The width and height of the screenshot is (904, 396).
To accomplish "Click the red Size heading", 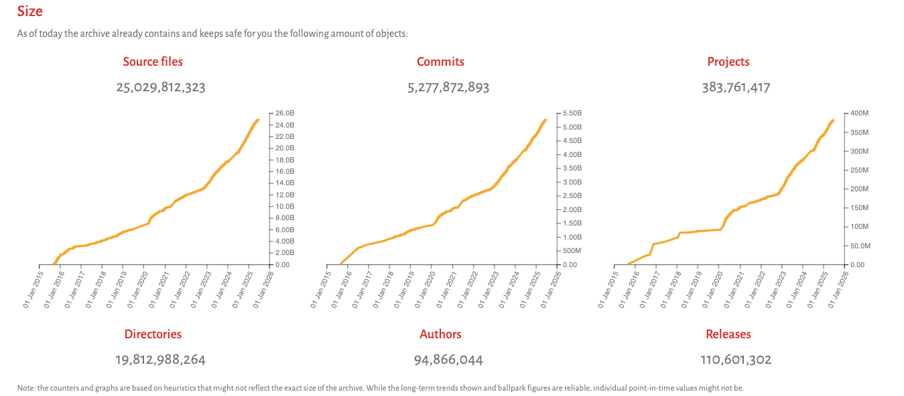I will tap(30, 11).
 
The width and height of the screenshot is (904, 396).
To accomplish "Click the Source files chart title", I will tap(153, 62).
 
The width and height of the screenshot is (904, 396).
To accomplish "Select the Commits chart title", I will tap(440, 62).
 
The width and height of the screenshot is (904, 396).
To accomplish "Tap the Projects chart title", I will tap(728, 62).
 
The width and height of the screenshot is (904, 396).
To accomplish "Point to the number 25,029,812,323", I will tap(161, 87).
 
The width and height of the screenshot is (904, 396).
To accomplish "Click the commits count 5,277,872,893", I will tap(448, 87).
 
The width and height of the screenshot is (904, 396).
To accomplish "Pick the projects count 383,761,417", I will tap(736, 87).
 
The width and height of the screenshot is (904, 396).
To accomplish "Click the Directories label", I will tap(153, 334).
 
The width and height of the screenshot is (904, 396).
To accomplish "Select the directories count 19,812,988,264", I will tap(161, 360).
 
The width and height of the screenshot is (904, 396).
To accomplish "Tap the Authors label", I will tap(440, 334).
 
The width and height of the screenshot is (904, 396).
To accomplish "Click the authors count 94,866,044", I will tap(448, 360).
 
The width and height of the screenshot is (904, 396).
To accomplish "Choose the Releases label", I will tap(728, 334).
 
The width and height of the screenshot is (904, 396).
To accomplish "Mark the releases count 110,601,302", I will tap(736, 360).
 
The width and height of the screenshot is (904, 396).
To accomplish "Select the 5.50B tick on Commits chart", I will tap(572, 113).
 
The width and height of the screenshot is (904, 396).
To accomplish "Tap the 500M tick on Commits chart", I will tap(572, 251).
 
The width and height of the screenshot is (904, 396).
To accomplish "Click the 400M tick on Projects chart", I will tap(858, 113).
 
